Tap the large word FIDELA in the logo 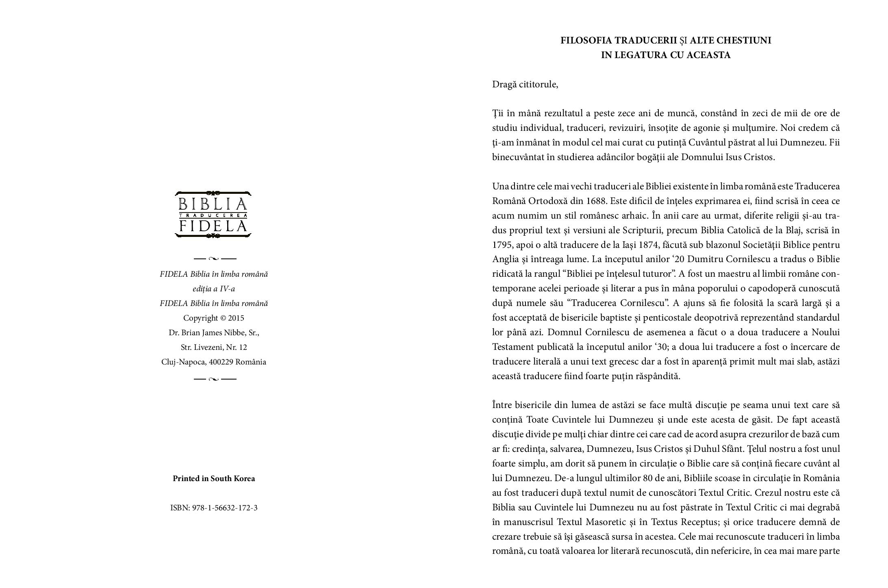tap(213, 226)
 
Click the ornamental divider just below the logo tap(215, 258)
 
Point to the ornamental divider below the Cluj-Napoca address tap(215, 379)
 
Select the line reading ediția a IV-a tap(214, 289)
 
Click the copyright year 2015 tap(236, 318)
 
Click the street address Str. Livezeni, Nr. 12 tap(214, 347)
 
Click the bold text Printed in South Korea tap(214, 479)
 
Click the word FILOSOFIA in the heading tap(586, 41)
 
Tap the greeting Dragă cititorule tap(525, 85)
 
